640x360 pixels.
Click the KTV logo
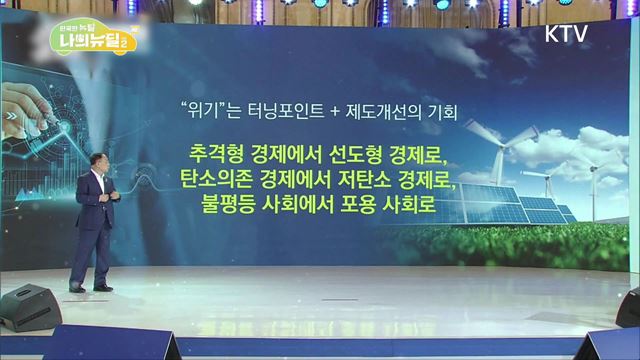566,32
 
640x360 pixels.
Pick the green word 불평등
230,205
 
